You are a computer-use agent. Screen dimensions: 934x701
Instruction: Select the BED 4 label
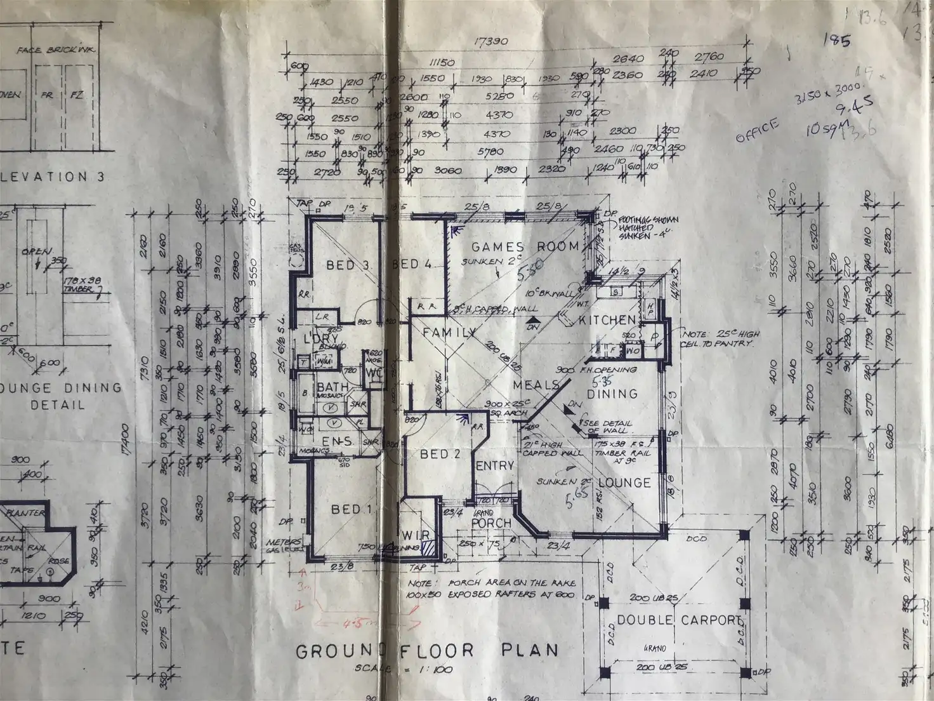coord(412,265)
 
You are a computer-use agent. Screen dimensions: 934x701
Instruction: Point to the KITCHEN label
coord(607,321)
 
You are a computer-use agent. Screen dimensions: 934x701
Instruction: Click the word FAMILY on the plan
coord(449,333)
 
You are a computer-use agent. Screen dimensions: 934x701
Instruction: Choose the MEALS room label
coord(534,385)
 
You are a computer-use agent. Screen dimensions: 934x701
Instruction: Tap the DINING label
coord(611,394)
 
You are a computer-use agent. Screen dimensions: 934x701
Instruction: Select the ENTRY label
coord(494,465)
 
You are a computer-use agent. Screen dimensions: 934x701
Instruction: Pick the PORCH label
coord(491,523)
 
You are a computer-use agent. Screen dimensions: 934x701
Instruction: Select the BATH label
coord(331,387)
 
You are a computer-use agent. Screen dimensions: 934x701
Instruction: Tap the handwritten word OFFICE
coord(756,131)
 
